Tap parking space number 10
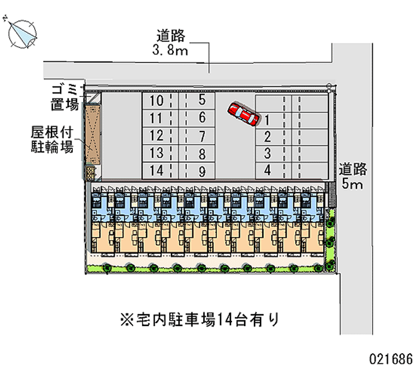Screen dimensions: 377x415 156,100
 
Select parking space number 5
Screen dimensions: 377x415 202,100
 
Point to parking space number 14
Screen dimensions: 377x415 156,170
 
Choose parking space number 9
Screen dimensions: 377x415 202,170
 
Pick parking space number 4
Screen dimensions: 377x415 267,170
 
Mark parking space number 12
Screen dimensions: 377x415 156,135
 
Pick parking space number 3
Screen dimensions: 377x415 267,153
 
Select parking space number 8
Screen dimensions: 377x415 202,153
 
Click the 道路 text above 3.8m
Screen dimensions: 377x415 171,35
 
